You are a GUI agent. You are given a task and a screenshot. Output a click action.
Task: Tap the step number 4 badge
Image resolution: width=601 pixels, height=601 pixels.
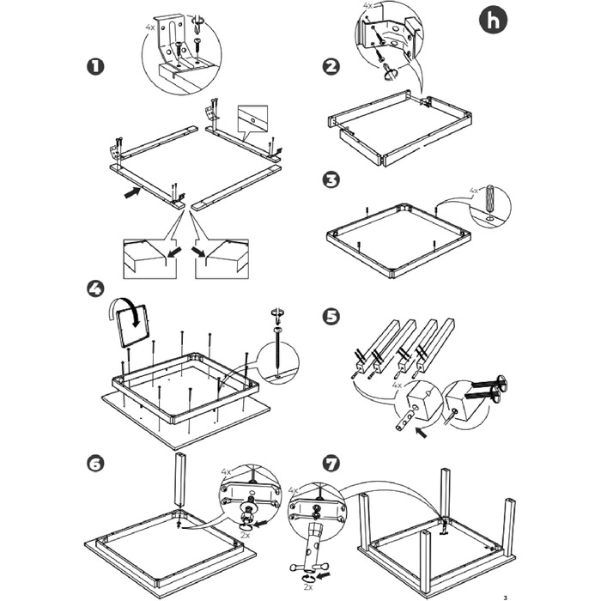[x=96, y=288]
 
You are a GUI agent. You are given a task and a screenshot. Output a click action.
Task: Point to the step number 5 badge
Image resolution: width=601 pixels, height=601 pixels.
[x=331, y=316]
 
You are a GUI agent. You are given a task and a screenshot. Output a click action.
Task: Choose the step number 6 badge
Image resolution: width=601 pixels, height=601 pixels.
[x=96, y=463]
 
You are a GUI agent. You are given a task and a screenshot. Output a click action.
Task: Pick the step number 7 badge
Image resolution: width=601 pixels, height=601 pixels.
[x=331, y=463]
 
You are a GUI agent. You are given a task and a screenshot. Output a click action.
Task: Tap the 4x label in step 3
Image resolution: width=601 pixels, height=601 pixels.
[x=474, y=191]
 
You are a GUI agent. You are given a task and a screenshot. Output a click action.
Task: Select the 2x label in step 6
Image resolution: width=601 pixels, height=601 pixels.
[x=245, y=534]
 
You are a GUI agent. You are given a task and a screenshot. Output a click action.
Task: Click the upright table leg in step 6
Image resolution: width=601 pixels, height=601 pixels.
[x=180, y=481]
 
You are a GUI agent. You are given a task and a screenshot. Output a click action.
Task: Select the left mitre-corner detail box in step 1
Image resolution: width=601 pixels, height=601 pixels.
[x=149, y=258]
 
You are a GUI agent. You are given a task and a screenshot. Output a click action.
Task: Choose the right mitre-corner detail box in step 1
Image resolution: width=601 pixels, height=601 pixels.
[x=222, y=258]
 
